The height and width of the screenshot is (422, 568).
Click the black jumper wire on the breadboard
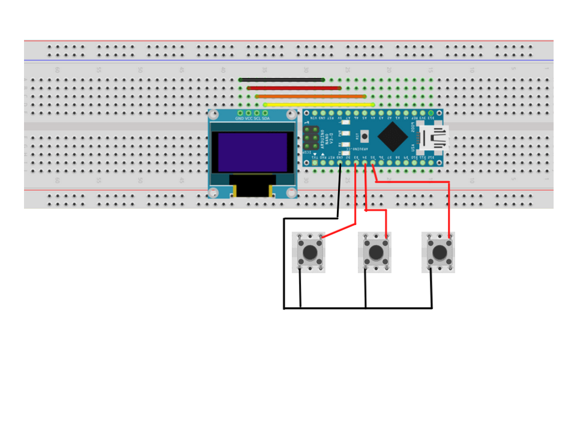pos(282,80)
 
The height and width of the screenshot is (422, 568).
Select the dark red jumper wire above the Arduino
pos(294,88)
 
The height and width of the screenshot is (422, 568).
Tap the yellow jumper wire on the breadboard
pos(319,104)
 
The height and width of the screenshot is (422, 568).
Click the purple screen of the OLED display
pos(252,152)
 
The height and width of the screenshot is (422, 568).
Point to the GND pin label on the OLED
pos(240,119)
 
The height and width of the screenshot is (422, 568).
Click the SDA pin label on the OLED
pos(265,119)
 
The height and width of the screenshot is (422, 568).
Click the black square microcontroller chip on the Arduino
pos(393,137)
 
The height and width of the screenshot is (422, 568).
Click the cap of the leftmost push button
pos(310,253)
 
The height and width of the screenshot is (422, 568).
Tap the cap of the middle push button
pos(376,253)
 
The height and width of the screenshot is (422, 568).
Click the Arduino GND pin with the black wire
pos(340,163)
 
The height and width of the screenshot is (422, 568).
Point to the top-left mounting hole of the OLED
pos(213,114)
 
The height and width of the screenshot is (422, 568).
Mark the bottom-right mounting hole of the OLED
pos(292,193)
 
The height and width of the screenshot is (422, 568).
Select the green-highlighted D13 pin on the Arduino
pos(431,113)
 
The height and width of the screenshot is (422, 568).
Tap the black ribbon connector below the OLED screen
pos(252,186)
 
